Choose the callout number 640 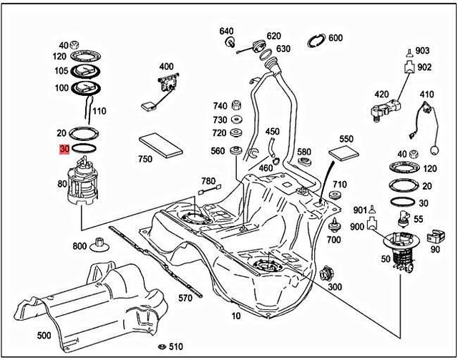click(226, 31)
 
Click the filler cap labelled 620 click(258, 48)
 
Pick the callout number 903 click(422, 50)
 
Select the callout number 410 click(427, 94)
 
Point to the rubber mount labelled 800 click(99, 246)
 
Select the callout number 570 click(185, 298)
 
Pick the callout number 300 click(334, 286)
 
